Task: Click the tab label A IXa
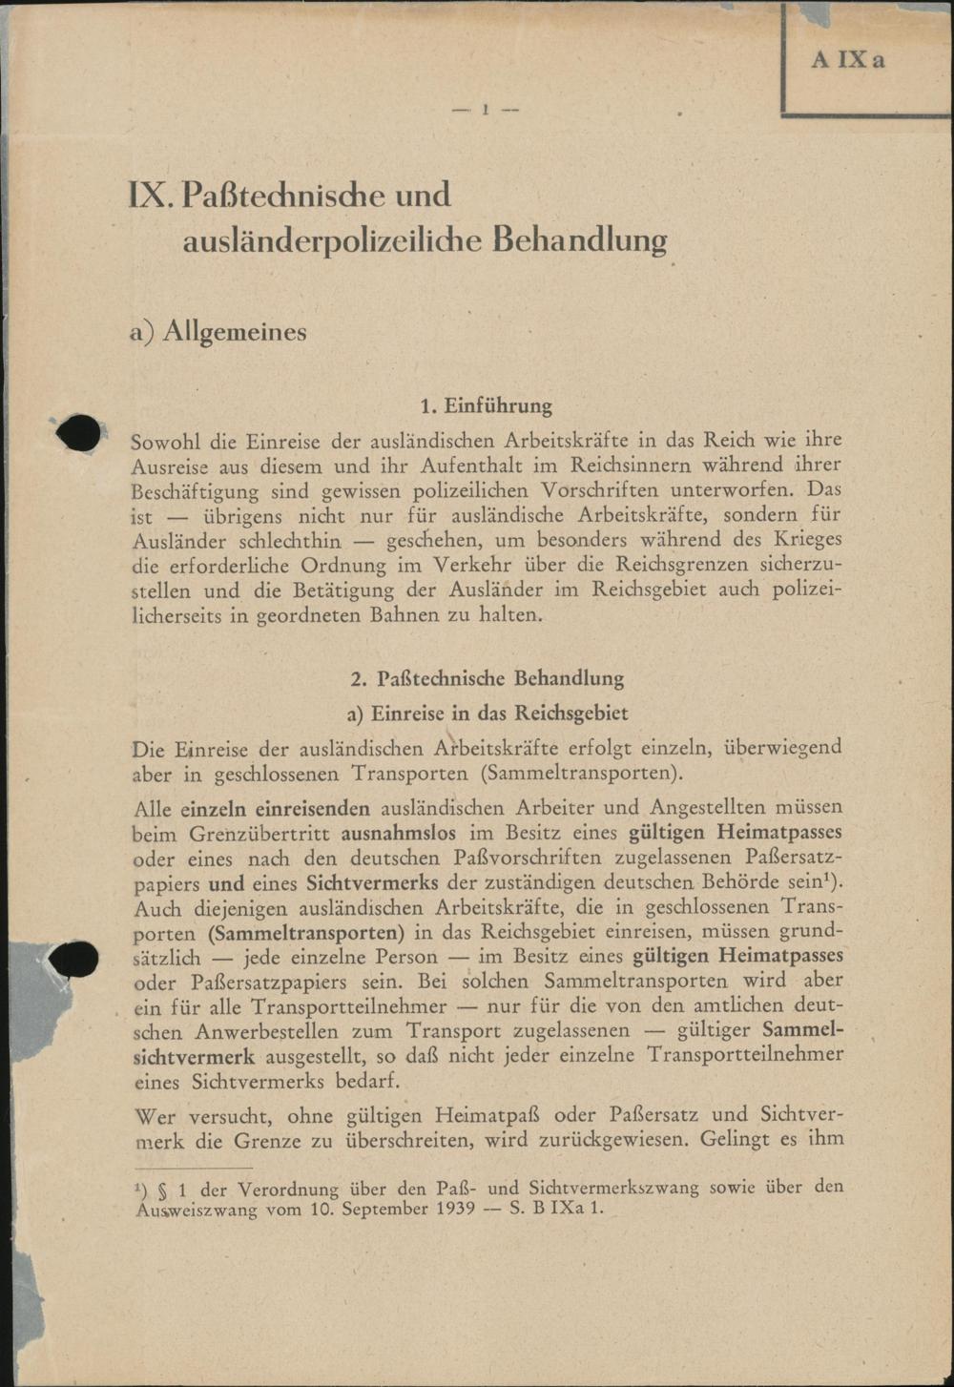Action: tap(847, 59)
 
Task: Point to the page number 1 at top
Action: tap(486, 110)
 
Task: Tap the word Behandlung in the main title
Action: tap(579, 238)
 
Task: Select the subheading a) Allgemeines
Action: tap(219, 331)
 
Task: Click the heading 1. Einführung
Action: tap(486, 405)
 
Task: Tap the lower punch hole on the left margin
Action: tap(75, 959)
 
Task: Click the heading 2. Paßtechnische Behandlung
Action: tap(487, 679)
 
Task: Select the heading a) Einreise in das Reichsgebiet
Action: tap(487, 714)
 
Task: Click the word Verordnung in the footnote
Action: tap(287, 1189)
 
